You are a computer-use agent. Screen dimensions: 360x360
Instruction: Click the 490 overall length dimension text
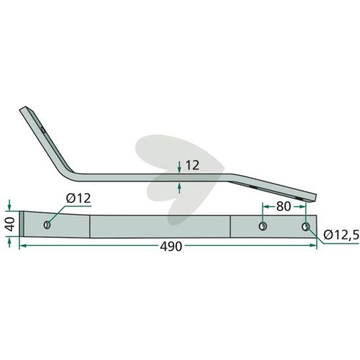click(171, 246)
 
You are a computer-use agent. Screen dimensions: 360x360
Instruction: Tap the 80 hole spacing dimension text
click(284, 207)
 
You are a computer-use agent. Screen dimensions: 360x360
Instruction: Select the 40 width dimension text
click(10, 224)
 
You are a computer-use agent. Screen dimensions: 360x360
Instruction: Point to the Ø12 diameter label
click(78, 199)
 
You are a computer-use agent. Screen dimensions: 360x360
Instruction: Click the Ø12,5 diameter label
click(341, 235)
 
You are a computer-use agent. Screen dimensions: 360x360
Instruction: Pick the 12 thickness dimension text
click(192, 166)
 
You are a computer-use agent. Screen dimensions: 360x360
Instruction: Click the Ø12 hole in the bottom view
click(47, 225)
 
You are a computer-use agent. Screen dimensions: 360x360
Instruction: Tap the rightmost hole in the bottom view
click(305, 227)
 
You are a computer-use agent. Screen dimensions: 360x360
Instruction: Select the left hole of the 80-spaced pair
click(263, 226)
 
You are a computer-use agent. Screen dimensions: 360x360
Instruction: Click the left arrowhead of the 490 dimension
click(22, 246)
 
